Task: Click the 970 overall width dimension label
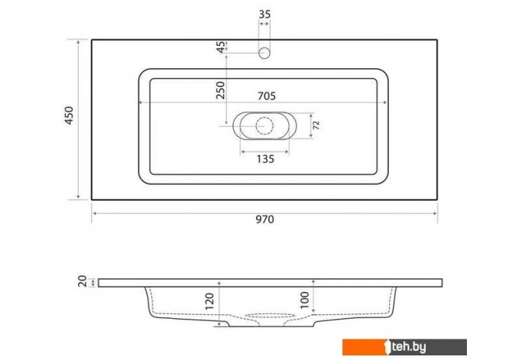264,219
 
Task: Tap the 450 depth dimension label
70,115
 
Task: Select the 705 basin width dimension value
267,96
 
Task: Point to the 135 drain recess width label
265,159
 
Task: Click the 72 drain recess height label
316,125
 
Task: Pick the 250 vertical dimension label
220,90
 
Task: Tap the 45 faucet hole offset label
221,47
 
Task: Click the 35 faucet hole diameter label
264,15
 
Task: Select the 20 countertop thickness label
83,281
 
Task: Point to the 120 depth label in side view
209,301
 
